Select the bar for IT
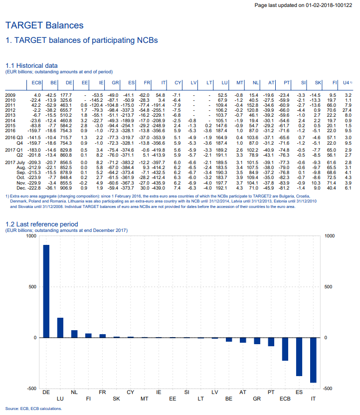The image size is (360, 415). pyautogui.click(x=313, y=360)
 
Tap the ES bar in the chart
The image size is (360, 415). pyautogui.click(x=299, y=357)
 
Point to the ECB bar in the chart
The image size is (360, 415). pyautogui.click(x=285, y=349)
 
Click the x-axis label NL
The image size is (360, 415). pyautogui.click(x=74, y=392)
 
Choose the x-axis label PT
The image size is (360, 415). pyautogui.click(x=271, y=392)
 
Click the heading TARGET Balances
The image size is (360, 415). pyautogui.click(x=44, y=24)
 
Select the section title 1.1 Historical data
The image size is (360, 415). pyautogui.click(x=31, y=65)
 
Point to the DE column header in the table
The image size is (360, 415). pyautogui.click(x=69, y=82)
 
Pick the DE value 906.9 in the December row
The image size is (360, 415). pyautogui.click(x=66, y=188)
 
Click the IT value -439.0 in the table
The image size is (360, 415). pyautogui.click(x=159, y=188)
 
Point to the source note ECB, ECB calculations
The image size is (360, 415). pyautogui.click(x=33, y=409)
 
